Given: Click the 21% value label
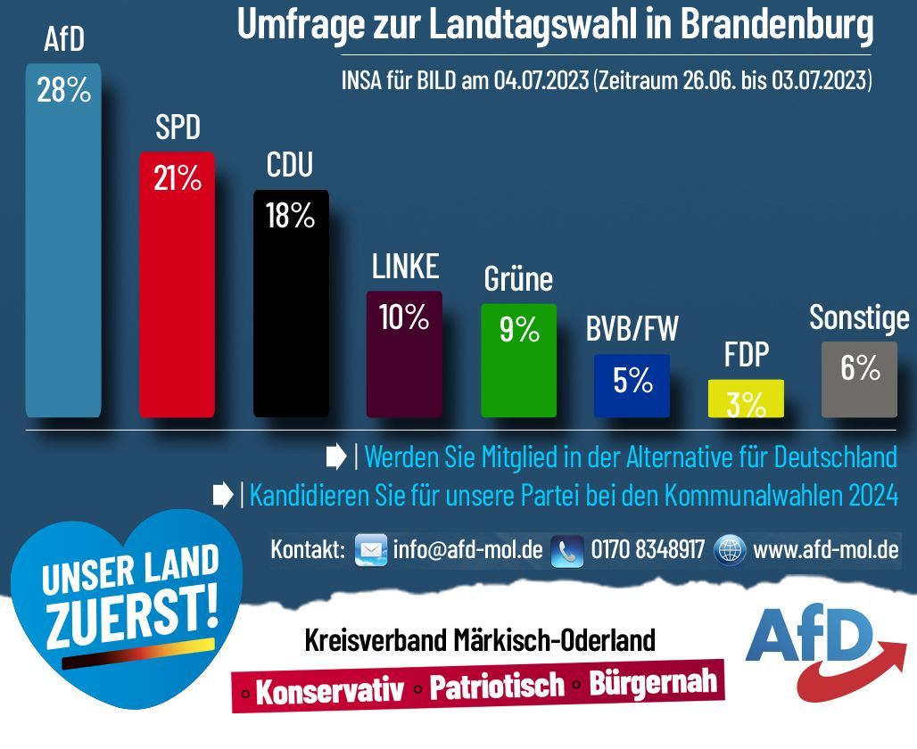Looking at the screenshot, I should click(177, 179).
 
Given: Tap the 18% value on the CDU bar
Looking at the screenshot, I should click(291, 216).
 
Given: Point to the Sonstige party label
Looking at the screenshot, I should click(859, 318).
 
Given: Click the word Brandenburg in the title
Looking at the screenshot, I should click(776, 24).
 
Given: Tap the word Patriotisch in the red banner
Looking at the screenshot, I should click(497, 686).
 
